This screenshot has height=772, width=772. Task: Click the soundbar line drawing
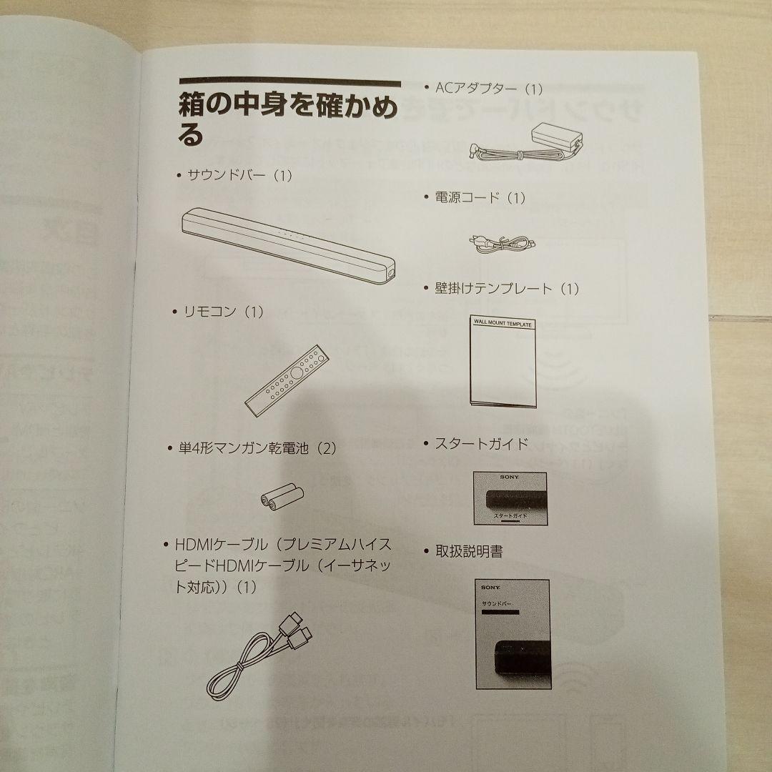coord(286,243)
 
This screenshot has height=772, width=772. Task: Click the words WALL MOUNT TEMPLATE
coord(503,324)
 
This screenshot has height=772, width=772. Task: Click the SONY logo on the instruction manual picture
coord(492,588)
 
